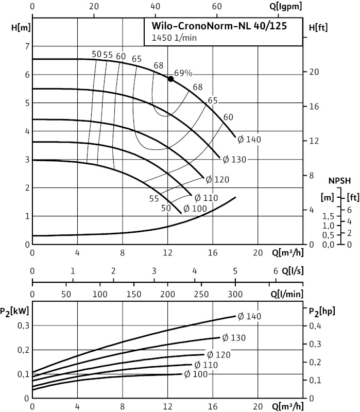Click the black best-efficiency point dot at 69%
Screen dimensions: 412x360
(x=170, y=78)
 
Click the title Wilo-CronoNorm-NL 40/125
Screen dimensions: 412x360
(x=219, y=26)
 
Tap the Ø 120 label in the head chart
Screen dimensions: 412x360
(x=217, y=180)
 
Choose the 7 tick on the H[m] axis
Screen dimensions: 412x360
(x=27, y=46)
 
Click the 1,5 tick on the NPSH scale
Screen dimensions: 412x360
(x=328, y=216)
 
